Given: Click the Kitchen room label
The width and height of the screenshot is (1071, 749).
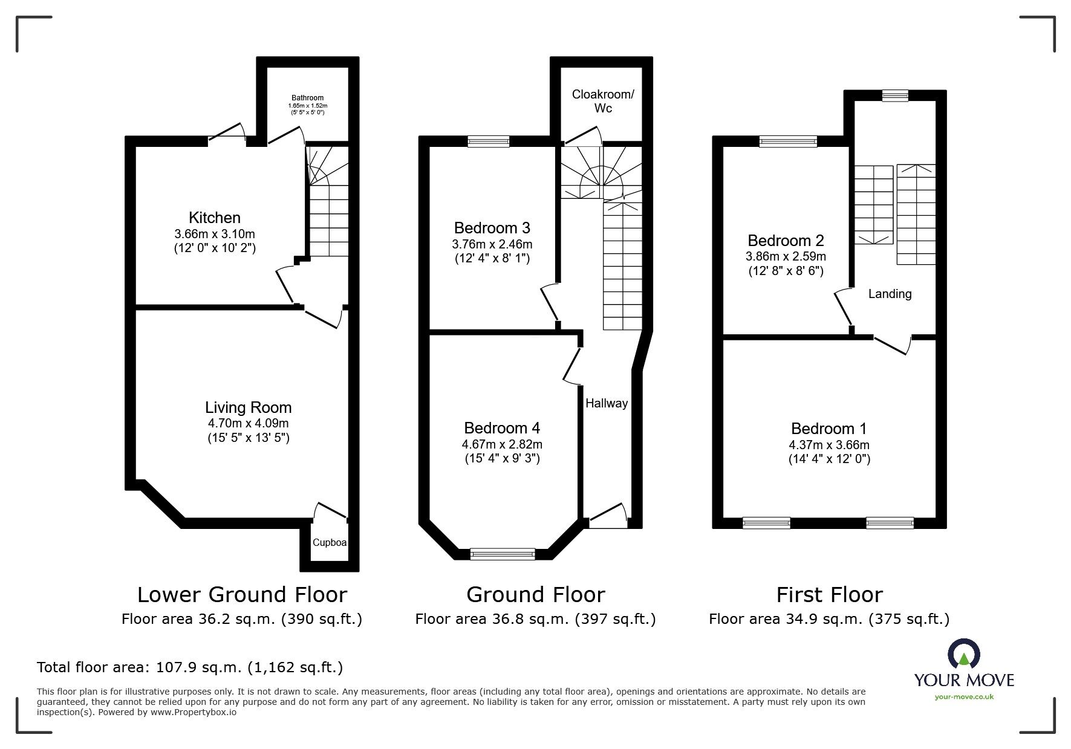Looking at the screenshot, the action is coord(215,218).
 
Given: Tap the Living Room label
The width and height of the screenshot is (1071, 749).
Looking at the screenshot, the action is coord(248,407).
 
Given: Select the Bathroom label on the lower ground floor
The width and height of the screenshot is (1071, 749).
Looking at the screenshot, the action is coord(308,98).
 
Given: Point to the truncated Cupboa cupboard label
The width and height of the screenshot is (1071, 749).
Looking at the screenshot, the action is coord(330,542).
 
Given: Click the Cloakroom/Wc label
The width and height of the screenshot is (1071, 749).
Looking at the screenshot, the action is coord(604,101).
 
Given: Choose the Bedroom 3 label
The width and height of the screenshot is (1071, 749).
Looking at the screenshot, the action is coord(492,228).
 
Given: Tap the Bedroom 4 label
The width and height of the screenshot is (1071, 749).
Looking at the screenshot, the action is coord(502,428).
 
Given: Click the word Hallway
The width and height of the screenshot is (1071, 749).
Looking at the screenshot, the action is coord(607,403).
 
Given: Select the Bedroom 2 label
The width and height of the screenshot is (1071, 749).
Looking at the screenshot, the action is coord(786,241).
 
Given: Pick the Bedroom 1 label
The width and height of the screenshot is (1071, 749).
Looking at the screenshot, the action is coord(829,429).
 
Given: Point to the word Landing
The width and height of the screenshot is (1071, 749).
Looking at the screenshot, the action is coord(890,294).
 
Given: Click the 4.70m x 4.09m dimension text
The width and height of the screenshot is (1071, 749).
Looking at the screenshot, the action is coord(248,423).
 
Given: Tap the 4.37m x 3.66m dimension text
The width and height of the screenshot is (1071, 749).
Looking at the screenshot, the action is coord(829,445).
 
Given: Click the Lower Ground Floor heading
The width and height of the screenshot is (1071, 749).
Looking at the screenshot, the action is coord(242,595).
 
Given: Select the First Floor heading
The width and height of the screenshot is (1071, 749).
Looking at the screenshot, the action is coord(830,595).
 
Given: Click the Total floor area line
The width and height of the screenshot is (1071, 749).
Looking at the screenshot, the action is coord(190,667).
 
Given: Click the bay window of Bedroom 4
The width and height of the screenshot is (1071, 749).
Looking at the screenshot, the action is coord(503,553).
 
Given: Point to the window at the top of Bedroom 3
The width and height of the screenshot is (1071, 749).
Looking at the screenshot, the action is coord(489,141).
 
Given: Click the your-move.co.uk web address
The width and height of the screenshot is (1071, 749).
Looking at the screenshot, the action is coord(964,697).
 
